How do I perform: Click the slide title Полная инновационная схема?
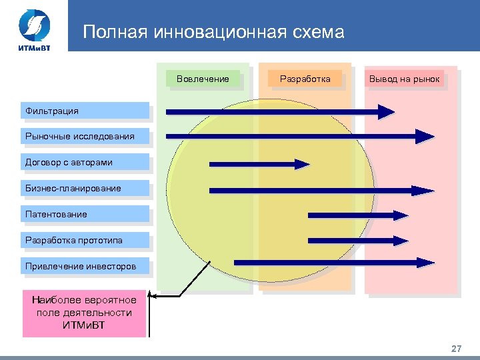pyautogui.click(x=213, y=32)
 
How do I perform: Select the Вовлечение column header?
pyautogui.click(x=203, y=79)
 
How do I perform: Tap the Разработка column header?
pyautogui.click(x=305, y=79)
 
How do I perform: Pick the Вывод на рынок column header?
pyautogui.click(x=404, y=79)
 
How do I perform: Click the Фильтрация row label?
pyautogui.click(x=85, y=111)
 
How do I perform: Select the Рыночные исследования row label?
pyautogui.click(x=85, y=136)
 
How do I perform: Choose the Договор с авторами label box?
pyautogui.click(x=85, y=162)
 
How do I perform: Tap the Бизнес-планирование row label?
pyautogui.click(x=85, y=188)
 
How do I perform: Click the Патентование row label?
pyautogui.click(x=85, y=214)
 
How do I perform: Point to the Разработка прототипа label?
pyautogui.click(x=85, y=240)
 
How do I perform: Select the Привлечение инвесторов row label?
pyautogui.click(x=85, y=266)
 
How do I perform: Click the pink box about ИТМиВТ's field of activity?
pyautogui.click(x=84, y=313)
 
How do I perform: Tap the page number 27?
pyautogui.click(x=456, y=349)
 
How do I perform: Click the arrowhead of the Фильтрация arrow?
pyautogui.click(x=386, y=111)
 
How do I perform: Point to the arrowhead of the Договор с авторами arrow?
pyautogui.click(x=303, y=163)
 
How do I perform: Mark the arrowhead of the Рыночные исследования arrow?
pyautogui.click(x=425, y=137)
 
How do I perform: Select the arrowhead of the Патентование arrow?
pyautogui.click(x=400, y=215)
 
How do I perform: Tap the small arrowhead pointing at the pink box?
pyautogui.click(x=152, y=296)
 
